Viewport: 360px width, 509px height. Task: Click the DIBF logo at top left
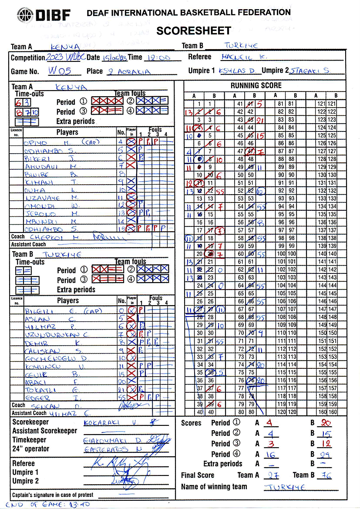tap(43, 16)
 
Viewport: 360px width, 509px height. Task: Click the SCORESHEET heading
tap(193, 30)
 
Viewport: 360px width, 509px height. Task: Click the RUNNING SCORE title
tap(256, 86)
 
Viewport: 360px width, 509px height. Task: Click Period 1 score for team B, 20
tap(326, 423)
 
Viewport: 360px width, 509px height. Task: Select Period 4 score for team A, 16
tap(270, 454)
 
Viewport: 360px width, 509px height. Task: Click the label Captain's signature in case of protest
tap(53, 495)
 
